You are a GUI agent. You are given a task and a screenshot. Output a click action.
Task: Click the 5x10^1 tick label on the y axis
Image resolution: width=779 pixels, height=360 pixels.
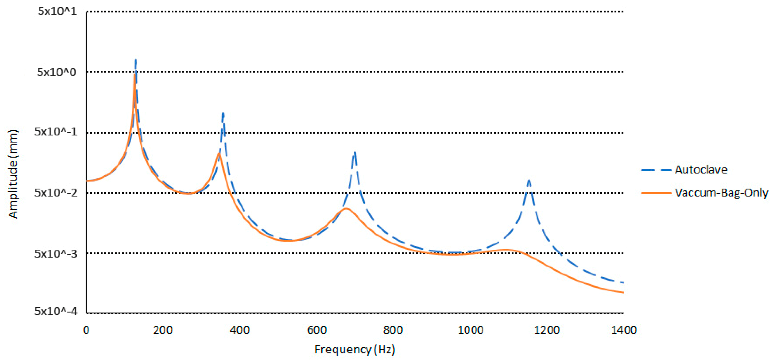point(57,11)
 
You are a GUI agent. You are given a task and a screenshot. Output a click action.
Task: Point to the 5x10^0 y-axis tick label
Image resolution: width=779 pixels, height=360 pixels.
point(57,72)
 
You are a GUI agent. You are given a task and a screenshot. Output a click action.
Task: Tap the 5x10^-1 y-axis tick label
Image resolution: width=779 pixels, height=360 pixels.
point(56,132)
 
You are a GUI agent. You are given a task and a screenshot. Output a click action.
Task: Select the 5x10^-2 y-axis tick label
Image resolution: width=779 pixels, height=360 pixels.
point(56,193)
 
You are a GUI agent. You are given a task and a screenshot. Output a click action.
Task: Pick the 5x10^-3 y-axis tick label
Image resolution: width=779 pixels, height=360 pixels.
point(56,253)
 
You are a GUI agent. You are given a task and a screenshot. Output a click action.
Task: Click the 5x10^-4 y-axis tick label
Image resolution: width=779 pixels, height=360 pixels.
point(56,311)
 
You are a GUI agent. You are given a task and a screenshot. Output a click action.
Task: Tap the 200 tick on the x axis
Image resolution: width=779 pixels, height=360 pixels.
point(163,330)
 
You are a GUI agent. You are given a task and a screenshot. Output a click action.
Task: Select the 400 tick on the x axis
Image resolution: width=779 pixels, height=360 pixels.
point(239,330)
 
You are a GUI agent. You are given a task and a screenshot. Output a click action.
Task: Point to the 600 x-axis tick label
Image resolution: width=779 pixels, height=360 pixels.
point(317,330)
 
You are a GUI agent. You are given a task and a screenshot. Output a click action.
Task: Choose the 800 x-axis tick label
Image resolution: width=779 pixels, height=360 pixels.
point(393,330)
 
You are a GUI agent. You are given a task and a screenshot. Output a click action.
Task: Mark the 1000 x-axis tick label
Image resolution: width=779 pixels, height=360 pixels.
point(470,330)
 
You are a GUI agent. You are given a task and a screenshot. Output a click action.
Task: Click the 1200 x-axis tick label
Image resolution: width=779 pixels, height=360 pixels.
point(547,330)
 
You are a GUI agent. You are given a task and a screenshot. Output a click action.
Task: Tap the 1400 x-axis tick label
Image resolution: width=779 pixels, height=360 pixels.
point(624,330)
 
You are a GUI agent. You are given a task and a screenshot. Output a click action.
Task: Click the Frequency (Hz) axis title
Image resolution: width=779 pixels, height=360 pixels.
point(355,349)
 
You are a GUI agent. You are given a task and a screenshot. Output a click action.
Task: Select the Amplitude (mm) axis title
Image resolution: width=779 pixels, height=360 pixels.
point(13,174)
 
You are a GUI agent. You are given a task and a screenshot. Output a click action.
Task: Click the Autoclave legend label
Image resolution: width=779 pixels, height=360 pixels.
point(701,170)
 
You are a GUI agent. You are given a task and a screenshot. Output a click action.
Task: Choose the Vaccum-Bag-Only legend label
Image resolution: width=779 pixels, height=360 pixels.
point(721,193)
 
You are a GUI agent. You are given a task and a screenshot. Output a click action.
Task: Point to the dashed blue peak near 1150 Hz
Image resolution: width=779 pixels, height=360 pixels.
point(529,181)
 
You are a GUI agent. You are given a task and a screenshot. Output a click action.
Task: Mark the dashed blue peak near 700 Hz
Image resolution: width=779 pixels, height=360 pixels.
point(355,153)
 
